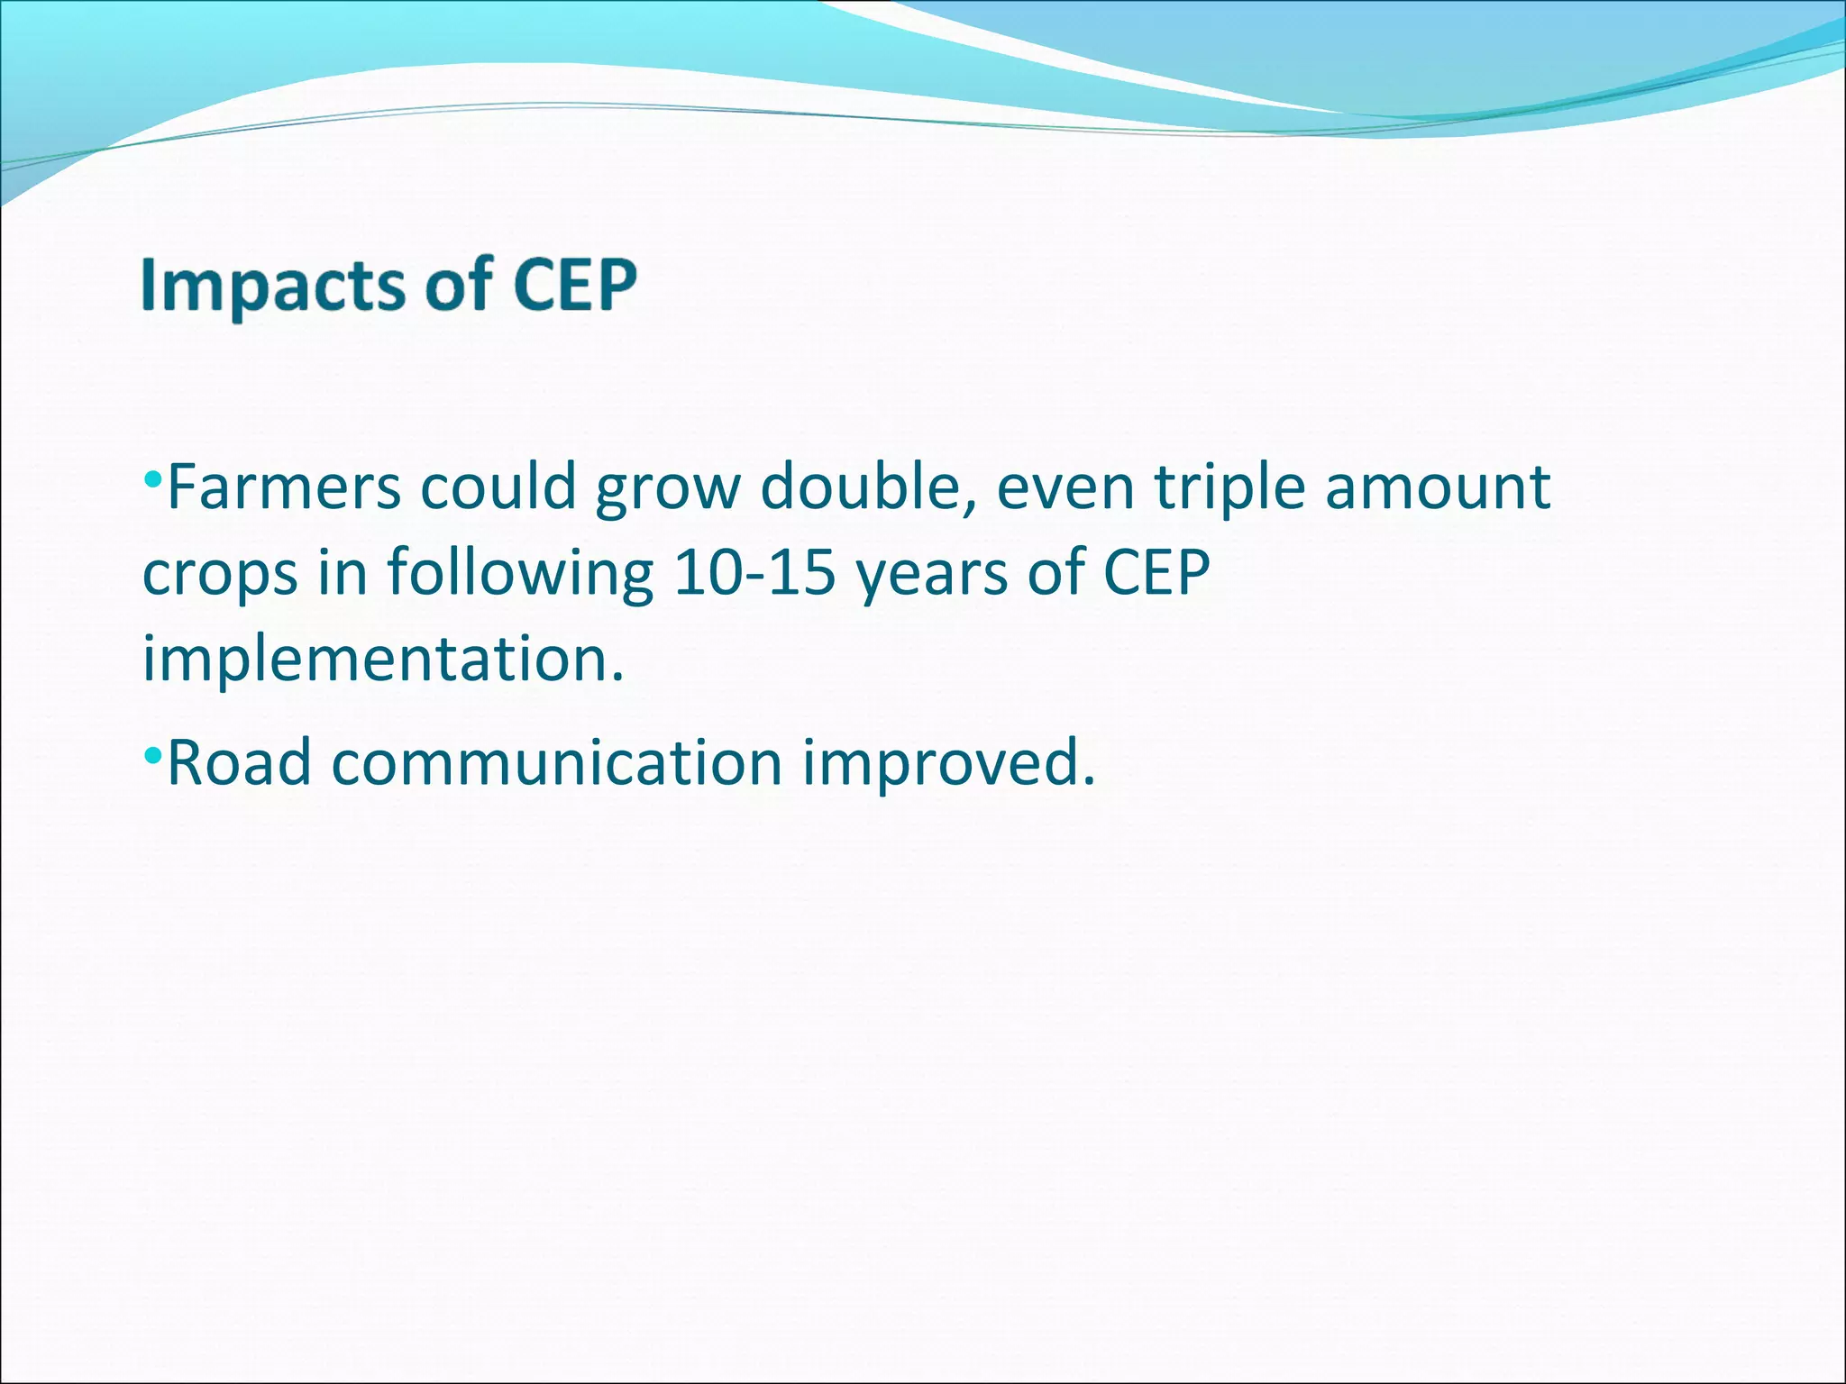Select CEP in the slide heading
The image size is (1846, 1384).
point(574,286)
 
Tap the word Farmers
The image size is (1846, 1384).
point(284,487)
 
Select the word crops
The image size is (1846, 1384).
point(219,574)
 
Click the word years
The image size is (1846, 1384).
point(931,574)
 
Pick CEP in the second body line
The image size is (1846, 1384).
point(1156,572)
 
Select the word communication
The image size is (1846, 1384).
point(556,762)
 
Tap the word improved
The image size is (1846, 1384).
point(948,762)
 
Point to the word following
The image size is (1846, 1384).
point(520,574)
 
